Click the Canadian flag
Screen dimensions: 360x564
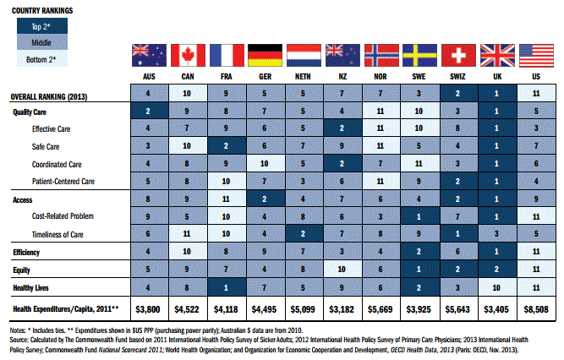coord(188,56)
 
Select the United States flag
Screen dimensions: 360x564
coord(534,56)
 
